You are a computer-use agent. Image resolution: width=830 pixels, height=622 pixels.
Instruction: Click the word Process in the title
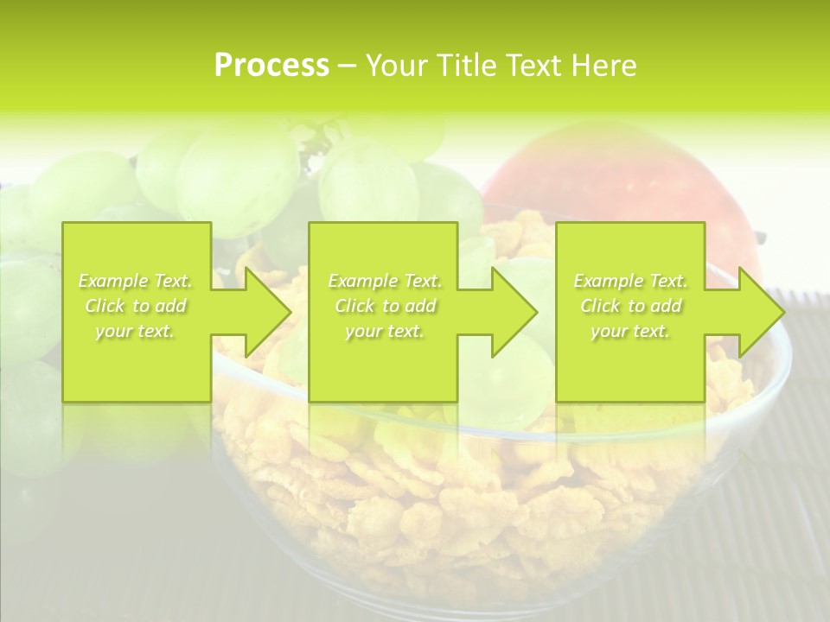[271, 66]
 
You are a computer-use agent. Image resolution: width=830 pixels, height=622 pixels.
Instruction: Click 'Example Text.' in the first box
[136, 281]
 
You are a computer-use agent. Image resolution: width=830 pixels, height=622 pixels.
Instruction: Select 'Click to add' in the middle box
[385, 306]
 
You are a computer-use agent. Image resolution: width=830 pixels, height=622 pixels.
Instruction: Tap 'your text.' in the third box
[630, 331]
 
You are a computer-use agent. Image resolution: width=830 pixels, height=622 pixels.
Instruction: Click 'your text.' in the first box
[136, 331]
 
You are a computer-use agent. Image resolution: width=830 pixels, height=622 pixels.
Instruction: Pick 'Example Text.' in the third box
[630, 281]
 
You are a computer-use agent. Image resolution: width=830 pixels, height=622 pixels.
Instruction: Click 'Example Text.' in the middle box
[385, 281]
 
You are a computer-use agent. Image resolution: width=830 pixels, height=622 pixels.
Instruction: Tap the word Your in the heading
[393, 66]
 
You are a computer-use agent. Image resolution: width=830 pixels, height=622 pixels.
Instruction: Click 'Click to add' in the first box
[136, 306]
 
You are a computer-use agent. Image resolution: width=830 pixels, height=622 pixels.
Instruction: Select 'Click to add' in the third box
[630, 306]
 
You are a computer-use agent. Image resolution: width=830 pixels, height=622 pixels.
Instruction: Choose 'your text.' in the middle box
[385, 331]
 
